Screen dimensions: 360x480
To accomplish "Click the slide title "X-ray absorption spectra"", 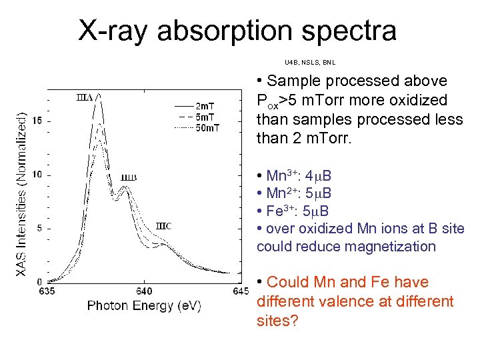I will pos(237,30).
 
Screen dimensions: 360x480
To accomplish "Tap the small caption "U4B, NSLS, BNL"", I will pos(310,63).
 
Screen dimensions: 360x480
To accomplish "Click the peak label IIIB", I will pos(129,178).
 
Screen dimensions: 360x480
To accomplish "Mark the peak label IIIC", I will pos(165,226).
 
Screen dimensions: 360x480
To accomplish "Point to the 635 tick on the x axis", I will pos(48,291).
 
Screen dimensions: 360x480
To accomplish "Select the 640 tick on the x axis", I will pos(144,291).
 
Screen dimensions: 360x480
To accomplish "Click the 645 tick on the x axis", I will pos(240,291).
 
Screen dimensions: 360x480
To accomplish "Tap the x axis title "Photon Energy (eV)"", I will pos(144,306).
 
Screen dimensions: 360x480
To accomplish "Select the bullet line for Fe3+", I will pos(294,211).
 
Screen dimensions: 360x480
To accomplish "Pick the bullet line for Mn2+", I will pos(294,194).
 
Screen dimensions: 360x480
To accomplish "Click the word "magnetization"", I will pos(393,246).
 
